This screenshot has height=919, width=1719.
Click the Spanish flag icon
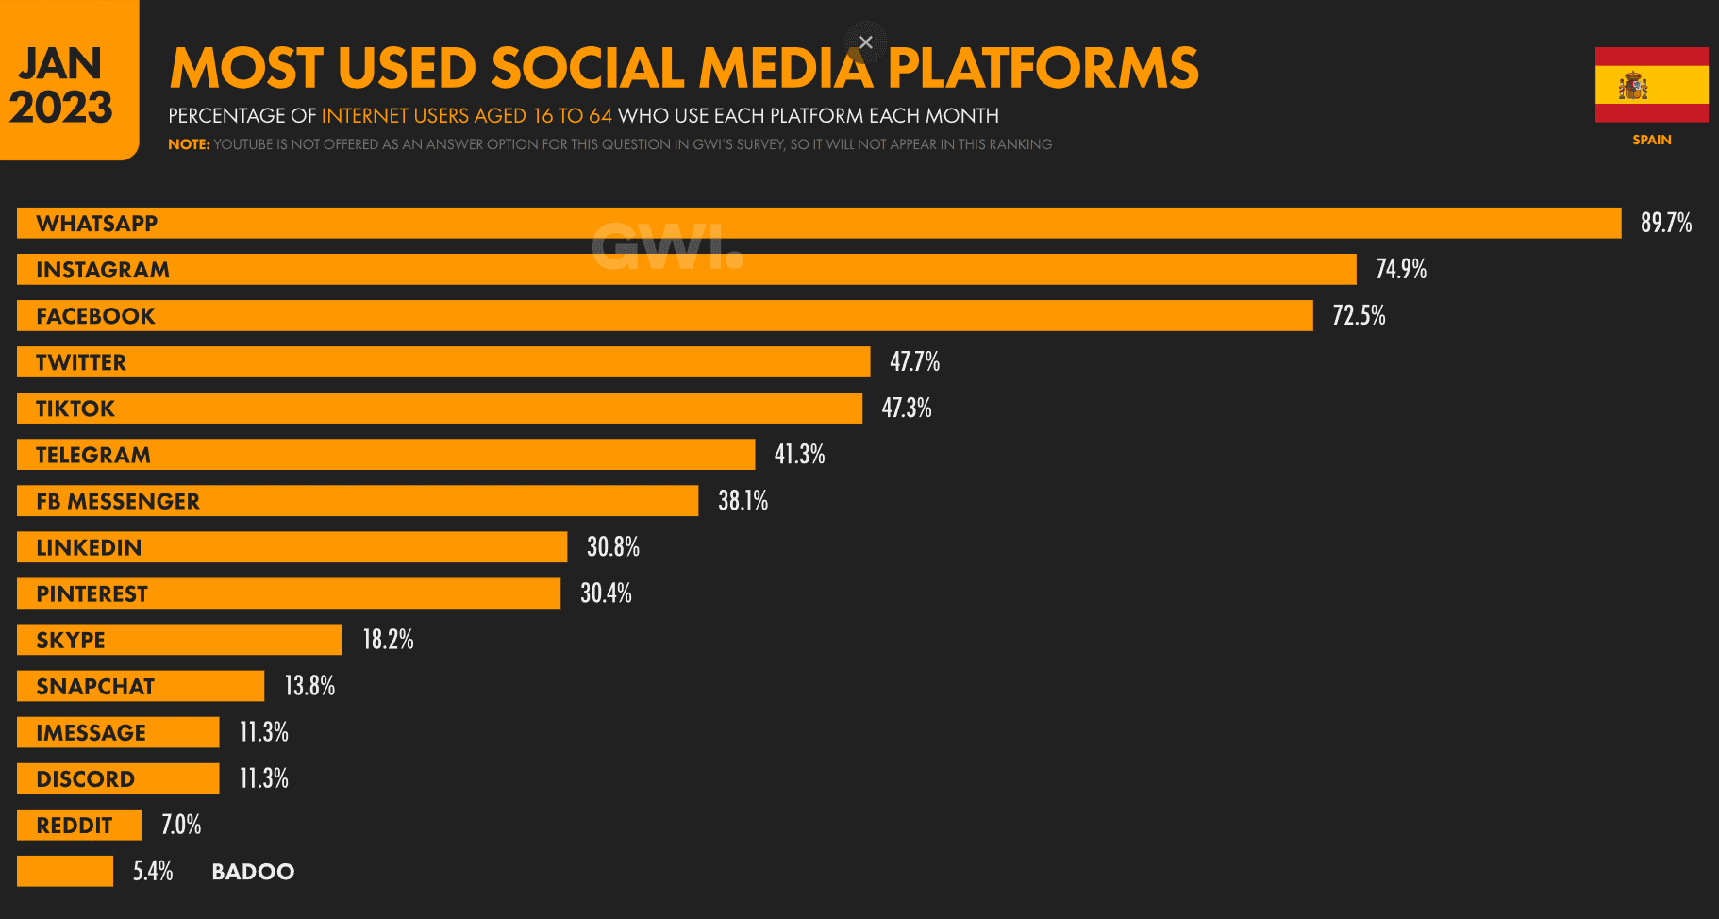tap(1651, 85)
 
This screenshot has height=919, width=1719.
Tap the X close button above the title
tap(865, 42)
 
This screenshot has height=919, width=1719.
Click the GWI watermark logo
tap(667, 247)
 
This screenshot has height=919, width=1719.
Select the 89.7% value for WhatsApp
tap(1665, 223)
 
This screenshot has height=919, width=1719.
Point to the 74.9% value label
tap(1400, 269)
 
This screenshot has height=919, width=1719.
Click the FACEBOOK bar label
tap(95, 316)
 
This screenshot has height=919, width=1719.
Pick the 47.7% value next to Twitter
tap(914, 361)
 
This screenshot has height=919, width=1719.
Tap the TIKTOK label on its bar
tap(75, 409)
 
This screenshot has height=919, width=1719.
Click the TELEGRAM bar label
tap(93, 455)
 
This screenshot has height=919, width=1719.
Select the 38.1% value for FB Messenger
tap(743, 500)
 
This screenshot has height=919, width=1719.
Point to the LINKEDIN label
tap(89, 547)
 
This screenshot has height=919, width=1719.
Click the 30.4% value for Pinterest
tap(606, 593)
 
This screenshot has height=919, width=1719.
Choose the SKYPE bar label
tap(71, 640)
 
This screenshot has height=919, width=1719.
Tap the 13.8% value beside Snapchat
tap(309, 685)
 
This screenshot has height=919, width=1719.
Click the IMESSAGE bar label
tap(91, 732)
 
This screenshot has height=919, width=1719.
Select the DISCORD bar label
tap(85, 778)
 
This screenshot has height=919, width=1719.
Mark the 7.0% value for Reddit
tap(181, 825)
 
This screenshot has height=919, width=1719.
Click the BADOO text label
tap(253, 871)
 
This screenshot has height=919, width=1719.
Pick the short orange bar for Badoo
tap(65, 871)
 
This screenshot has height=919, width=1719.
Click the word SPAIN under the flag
tap(1651, 140)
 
